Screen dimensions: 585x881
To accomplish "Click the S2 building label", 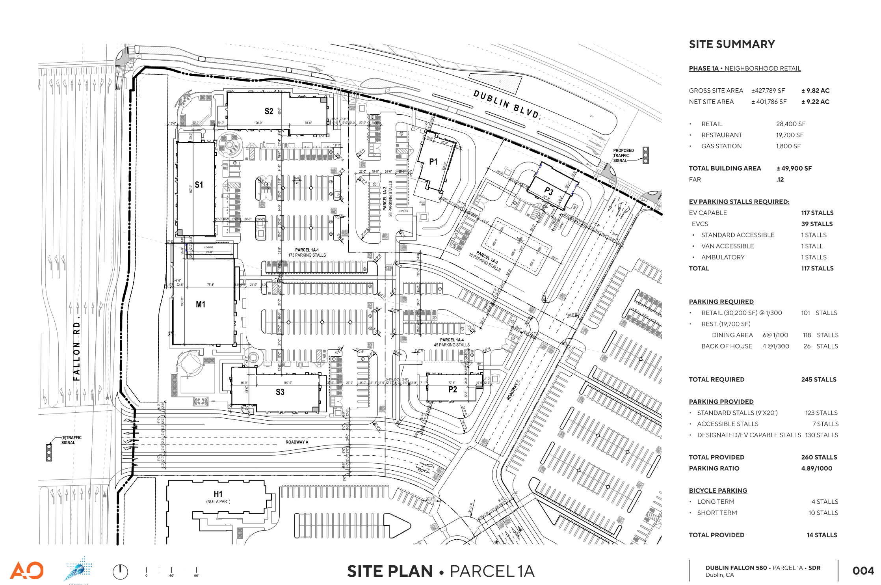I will click(x=269, y=111).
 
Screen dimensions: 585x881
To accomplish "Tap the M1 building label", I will click(x=201, y=304).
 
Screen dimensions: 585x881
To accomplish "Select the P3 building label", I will click(x=549, y=192).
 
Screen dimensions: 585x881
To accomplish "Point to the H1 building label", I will click(x=218, y=494).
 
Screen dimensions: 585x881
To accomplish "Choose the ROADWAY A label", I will click(x=297, y=442).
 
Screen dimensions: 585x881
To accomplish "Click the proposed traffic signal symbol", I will click(x=645, y=155).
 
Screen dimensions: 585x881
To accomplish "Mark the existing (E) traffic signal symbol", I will click(x=49, y=453).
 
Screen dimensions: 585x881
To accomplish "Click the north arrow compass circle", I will click(x=120, y=572).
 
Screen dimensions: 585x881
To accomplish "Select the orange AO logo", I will click(x=27, y=570).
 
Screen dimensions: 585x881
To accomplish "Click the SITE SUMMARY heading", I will click(x=732, y=44).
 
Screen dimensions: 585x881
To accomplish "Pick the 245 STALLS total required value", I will click(x=818, y=379).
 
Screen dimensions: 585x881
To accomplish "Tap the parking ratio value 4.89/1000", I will click(x=816, y=468).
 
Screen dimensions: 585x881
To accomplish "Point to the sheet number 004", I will click(x=863, y=571).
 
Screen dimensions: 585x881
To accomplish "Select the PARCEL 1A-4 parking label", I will click(x=452, y=340).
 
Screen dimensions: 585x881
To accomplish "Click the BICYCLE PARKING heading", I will click(x=718, y=490).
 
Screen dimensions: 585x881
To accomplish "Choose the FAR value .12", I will click(x=780, y=179).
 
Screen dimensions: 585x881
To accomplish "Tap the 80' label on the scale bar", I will click(x=196, y=576).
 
